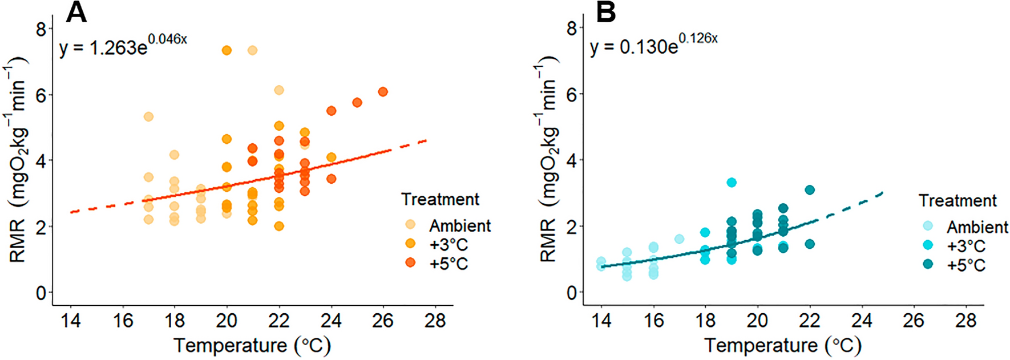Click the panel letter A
(76, 13)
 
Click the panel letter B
(605, 13)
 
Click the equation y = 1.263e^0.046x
(123, 46)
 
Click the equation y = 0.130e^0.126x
(653, 45)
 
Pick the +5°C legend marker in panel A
(410, 263)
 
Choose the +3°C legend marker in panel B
(927, 246)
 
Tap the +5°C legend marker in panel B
(927, 265)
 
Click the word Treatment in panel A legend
(440, 199)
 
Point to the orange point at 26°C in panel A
(383, 92)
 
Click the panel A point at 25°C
(357, 103)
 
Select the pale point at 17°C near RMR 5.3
(148, 116)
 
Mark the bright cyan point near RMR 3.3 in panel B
(732, 183)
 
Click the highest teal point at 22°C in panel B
(810, 190)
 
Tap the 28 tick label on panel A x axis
(435, 321)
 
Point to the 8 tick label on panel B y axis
(572, 29)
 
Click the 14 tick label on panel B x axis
(601, 321)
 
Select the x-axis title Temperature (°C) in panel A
(252, 346)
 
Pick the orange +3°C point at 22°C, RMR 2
(279, 226)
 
